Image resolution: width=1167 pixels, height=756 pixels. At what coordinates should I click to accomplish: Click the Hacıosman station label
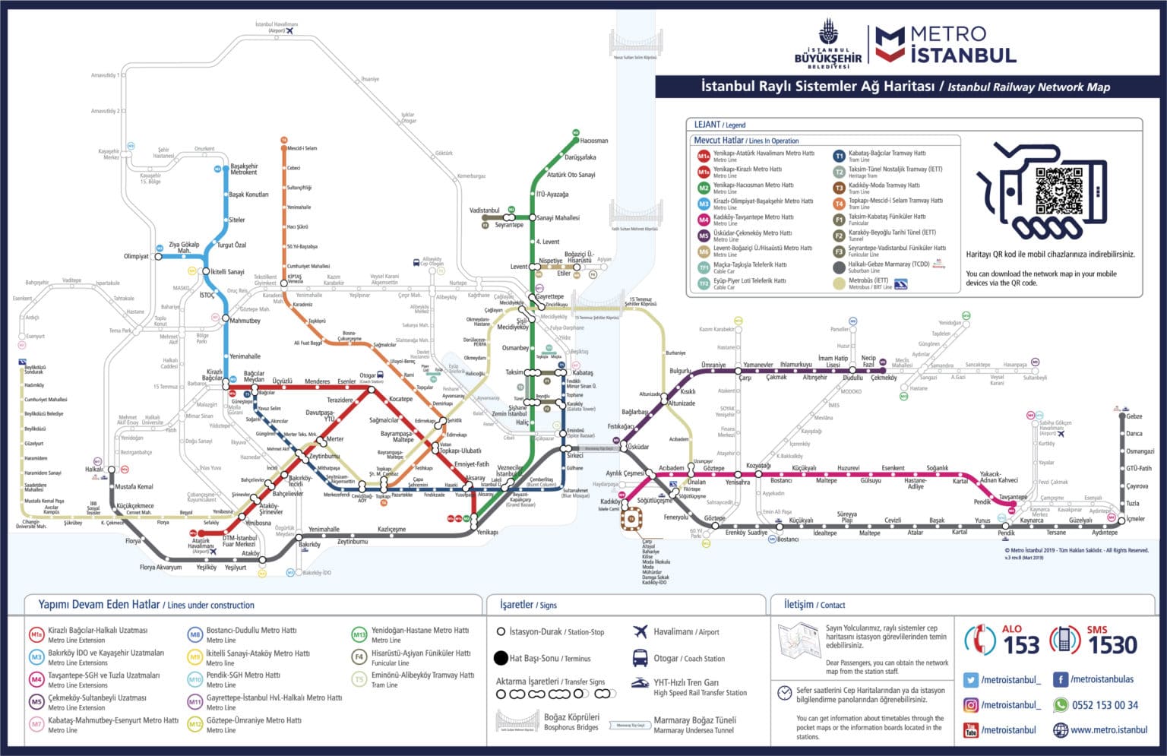[x=593, y=141]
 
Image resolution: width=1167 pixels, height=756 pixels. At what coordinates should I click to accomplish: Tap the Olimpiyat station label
[x=136, y=256]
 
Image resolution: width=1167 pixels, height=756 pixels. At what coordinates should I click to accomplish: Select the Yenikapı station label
[x=487, y=533]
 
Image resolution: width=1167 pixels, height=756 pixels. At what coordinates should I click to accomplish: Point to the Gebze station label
[x=1134, y=416]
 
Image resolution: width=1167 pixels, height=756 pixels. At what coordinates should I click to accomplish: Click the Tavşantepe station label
[x=1013, y=497]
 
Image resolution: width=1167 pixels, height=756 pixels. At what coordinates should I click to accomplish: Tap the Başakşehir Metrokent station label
[x=244, y=169]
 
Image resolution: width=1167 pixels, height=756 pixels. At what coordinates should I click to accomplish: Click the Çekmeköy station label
[x=884, y=378]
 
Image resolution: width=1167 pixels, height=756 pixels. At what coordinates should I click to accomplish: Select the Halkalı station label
[x=93, y=470]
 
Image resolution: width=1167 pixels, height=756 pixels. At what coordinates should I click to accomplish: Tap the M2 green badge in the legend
[x=704, y=188]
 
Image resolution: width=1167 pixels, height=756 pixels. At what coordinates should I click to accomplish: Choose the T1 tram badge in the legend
[x=839, y=156]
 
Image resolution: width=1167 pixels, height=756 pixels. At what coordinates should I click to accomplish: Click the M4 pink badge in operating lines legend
[x=704, y=220]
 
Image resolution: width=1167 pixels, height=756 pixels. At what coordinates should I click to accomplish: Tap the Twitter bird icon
[x=970, y=680]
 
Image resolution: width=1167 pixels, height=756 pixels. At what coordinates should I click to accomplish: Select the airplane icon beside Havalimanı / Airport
[x=640, y=631]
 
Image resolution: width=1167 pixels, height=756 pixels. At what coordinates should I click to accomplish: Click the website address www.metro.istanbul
[x=1108, y=730]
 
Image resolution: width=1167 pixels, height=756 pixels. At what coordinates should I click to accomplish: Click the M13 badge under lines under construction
[x=359, y=634]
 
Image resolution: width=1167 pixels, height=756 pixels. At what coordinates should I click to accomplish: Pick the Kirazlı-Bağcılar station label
[x=213, y=375]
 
